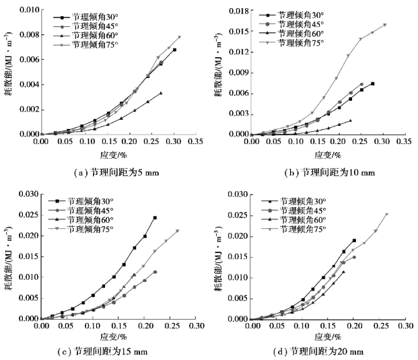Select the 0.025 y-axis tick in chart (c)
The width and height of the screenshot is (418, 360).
pos(27,215)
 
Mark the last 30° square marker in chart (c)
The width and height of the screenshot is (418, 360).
pos(155,217)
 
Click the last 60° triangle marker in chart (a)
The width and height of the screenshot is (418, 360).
pos(161,93)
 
